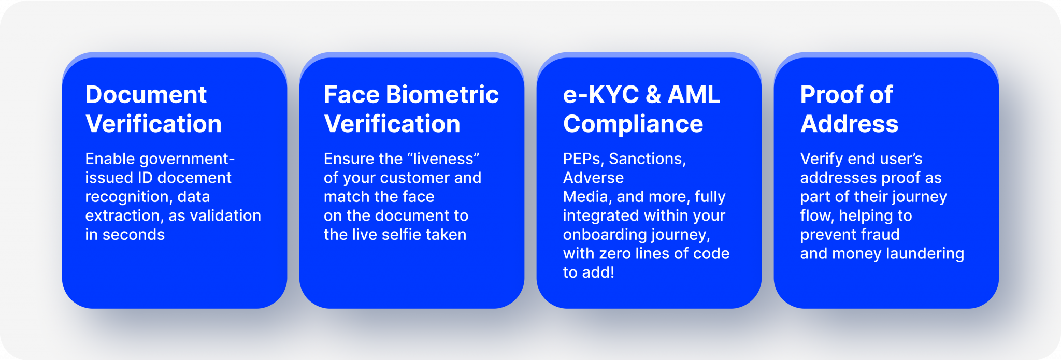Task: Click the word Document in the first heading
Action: click(x=146, y=95)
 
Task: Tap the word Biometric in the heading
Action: click(x=442, y=95)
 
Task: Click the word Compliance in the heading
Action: click(x=633, y=124)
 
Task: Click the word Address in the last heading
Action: click(x=849, y=124)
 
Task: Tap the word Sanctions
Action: click(x=647, y=159)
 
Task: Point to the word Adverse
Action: click(x=593, y=178)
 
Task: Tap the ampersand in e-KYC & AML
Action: click(x=653, y=95)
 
